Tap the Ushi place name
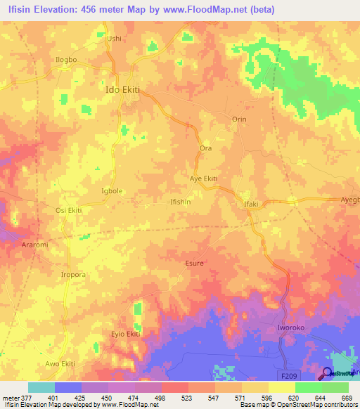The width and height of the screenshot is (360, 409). tap(114, 39)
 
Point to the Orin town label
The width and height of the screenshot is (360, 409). tap(239, 119)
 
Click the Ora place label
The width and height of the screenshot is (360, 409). tap(206, 149)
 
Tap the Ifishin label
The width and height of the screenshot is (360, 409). tap(181, 202)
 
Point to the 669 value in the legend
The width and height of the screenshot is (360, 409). tap(345, 398)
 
